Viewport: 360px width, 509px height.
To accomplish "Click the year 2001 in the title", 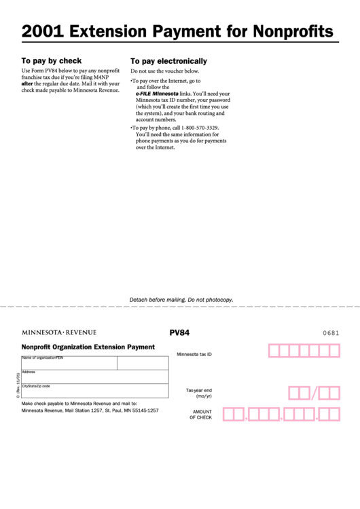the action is [43, 31].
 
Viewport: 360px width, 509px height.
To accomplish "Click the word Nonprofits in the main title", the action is [293, 31].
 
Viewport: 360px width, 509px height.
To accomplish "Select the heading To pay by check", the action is [52, 60].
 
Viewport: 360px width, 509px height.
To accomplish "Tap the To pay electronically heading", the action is [168, 60].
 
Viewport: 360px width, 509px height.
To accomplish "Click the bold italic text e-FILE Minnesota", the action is [160, 94].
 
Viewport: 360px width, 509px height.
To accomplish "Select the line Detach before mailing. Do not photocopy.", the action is [181, 299].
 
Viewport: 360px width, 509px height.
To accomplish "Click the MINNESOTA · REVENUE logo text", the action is [59, 332].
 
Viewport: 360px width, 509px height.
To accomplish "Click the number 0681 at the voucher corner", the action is [331, 333].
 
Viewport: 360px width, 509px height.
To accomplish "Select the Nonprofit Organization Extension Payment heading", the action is [88, 347].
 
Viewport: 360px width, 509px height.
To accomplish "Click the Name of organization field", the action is [69, 363].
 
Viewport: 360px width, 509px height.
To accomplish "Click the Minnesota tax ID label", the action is [194, 354].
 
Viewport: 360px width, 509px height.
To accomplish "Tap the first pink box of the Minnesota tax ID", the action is [275, 351].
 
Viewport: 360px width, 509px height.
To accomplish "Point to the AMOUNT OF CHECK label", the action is [201, 415].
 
